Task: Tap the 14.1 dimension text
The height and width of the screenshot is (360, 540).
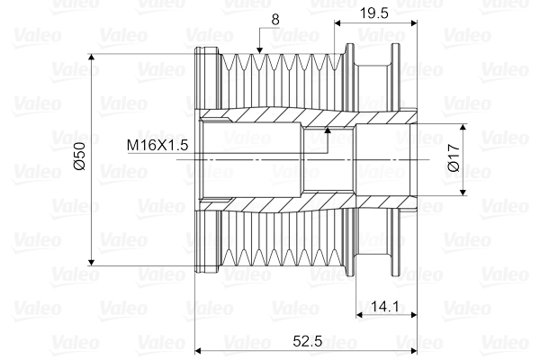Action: pos(383,307)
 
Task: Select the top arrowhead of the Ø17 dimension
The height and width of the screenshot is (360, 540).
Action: pos(464,127)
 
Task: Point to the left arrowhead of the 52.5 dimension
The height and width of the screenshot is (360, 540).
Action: pos(199,350)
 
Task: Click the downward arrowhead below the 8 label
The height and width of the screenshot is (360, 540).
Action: pos(260,49)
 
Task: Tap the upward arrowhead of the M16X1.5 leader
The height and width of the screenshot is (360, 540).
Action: pos(328,130)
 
